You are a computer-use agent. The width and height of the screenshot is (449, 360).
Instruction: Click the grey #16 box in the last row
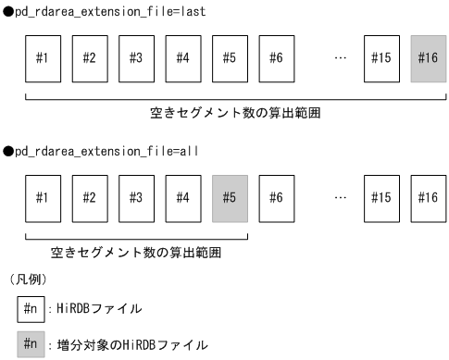point(427,58)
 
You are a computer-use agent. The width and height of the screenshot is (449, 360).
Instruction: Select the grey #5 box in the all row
point(229,197)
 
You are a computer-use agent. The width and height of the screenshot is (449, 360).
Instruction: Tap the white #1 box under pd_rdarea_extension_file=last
point(43,58)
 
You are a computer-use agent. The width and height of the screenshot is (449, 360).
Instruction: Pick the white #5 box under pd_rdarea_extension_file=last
point(229,58)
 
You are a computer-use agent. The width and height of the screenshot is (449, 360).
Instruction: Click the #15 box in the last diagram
point(380,58)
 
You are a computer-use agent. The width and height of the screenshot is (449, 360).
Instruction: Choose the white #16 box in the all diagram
point(427,197)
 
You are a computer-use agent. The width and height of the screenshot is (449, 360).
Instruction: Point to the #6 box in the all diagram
point(275,197)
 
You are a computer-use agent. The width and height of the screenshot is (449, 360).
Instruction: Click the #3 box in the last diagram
point(135,58)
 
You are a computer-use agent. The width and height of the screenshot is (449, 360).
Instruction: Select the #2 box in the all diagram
point(89,197)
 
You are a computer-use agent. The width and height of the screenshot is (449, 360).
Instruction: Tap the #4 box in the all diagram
point(182,197)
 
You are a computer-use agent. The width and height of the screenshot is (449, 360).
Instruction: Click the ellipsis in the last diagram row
point(340,58)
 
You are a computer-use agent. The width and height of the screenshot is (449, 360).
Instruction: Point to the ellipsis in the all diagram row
point(340,197)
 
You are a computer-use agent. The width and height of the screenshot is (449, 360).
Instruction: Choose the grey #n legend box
point(31,344)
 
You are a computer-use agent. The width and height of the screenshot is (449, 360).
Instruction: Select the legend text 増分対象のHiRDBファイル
point(126,345)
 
